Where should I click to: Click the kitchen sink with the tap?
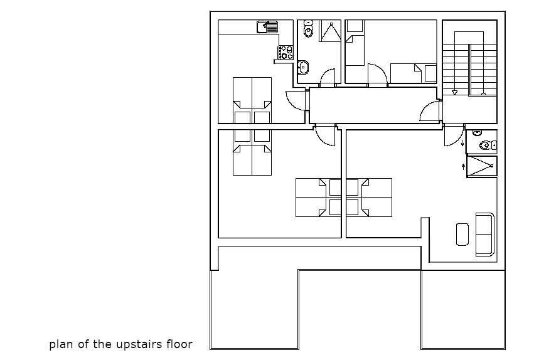coord(268,27)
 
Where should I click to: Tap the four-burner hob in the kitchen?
coord(286,53)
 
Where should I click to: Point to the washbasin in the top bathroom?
coord(302,67)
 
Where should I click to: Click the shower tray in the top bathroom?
coord(330,31)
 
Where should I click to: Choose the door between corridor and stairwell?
coord(429,111)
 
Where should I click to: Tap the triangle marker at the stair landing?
coord(454,93)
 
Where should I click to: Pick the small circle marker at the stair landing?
coord(483,93)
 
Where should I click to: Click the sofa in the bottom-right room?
coord(484,235)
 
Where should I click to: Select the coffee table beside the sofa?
coord(462,235)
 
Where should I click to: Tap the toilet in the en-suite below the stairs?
coord(488,146)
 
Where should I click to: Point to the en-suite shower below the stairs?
coord(481,166)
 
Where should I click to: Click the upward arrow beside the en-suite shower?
coord(463,166)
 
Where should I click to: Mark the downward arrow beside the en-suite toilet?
coord(462,143)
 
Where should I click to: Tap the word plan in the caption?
coord(61,345)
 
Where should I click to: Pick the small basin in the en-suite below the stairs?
coord(477,133)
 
